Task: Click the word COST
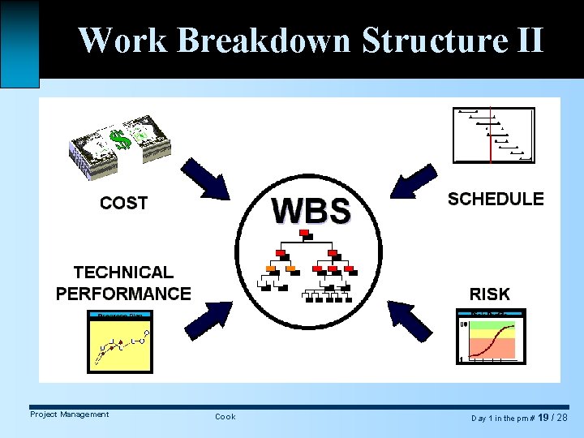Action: pyautogui.click(x=123, y=203)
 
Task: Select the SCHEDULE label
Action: pyautogui.click(x=496, y=199)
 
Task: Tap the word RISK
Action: pyautogui.click(x=489, y=294)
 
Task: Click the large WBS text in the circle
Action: pyautogui.click(x=311, y=210)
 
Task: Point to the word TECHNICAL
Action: pyautogui.click(x=123, y=273)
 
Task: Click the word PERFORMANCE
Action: pyautogui.click(x=123, y=294)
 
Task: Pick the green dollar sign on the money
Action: pyautogui.click(x=121, y=141)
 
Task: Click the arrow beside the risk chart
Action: pyautogui.click(x=411, y=320)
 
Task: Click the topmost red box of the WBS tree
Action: pyautogui.click(x=305, y=234)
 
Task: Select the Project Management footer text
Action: pyautogui.click(x=69, y=414)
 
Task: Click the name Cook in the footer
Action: pyautogui.click(x=225, y=416)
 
